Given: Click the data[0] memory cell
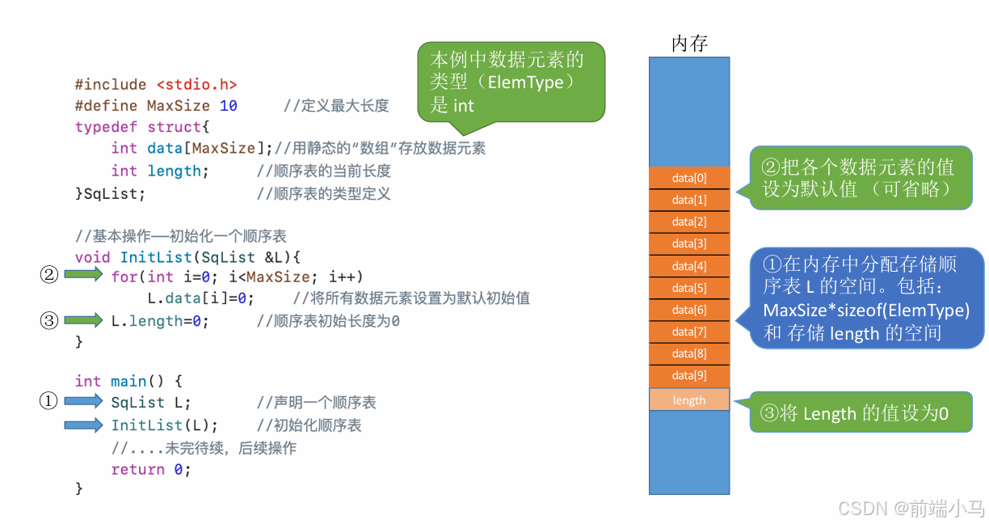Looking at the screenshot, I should pos(689,178).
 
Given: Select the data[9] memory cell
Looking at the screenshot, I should pos(689,375).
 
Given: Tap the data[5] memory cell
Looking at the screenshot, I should pos(689,288).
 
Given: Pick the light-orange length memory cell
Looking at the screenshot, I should pos(689,400).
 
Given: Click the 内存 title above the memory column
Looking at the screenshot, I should pos(689,44).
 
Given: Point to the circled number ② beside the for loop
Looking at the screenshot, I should pos(49,276).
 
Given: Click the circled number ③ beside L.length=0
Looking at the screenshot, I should pos(49,321).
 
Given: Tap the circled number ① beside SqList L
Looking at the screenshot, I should pos(49,401).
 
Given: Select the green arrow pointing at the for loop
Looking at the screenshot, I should pos(83,276).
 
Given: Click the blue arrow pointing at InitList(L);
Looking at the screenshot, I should pos(83,425).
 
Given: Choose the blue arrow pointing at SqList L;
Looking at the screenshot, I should pos(83,401).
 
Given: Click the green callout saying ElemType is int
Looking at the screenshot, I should pos(511,82).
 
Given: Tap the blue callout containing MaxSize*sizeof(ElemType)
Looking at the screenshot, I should pos(865,298).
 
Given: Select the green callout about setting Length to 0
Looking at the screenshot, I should pos(861,413).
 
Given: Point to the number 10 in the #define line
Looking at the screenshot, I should pos(228,106).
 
